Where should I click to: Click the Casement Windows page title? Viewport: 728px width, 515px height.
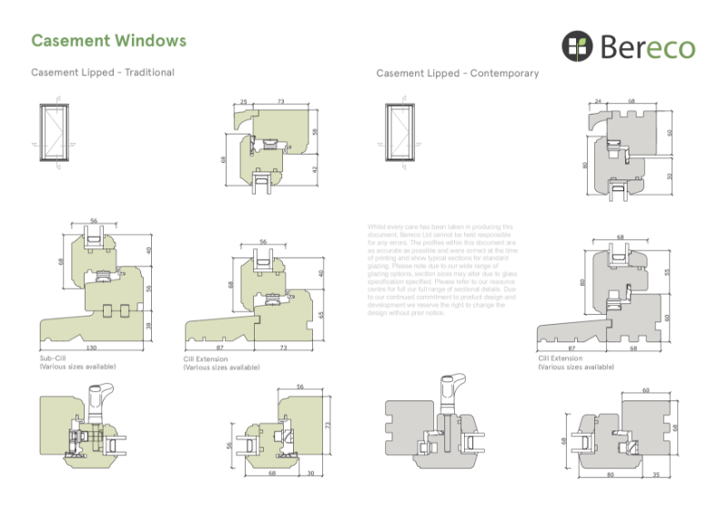tap(108, 41)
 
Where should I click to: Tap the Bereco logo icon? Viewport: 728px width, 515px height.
tap(577, 45)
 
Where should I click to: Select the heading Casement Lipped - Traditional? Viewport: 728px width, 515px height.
tap(103, 72)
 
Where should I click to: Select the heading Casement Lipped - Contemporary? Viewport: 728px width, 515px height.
tap(458, 73)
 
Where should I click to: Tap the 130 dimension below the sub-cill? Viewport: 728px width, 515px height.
tap(92, 348)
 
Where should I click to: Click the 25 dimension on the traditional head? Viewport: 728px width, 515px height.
tap(244, 102)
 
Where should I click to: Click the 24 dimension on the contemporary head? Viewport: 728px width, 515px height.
tap(598, 102)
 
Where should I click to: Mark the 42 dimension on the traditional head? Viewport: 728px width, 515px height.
tap(315, 169)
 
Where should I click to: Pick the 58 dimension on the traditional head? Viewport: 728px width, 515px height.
tap(315, 132)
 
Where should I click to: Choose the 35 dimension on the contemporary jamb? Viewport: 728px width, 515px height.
tap(657, 474)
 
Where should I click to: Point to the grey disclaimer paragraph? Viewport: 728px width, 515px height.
tap(442, 269)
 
